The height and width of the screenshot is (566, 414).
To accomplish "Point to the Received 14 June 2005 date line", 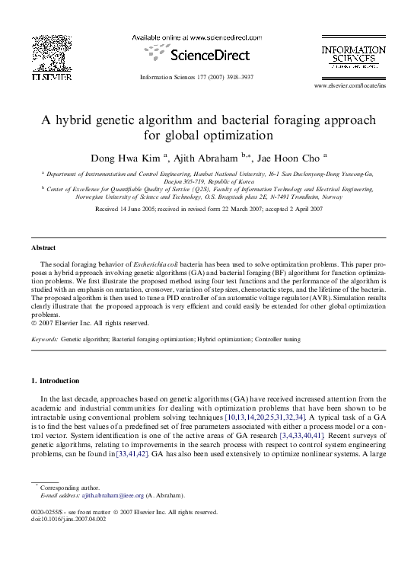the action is click(x=206, y=207).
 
